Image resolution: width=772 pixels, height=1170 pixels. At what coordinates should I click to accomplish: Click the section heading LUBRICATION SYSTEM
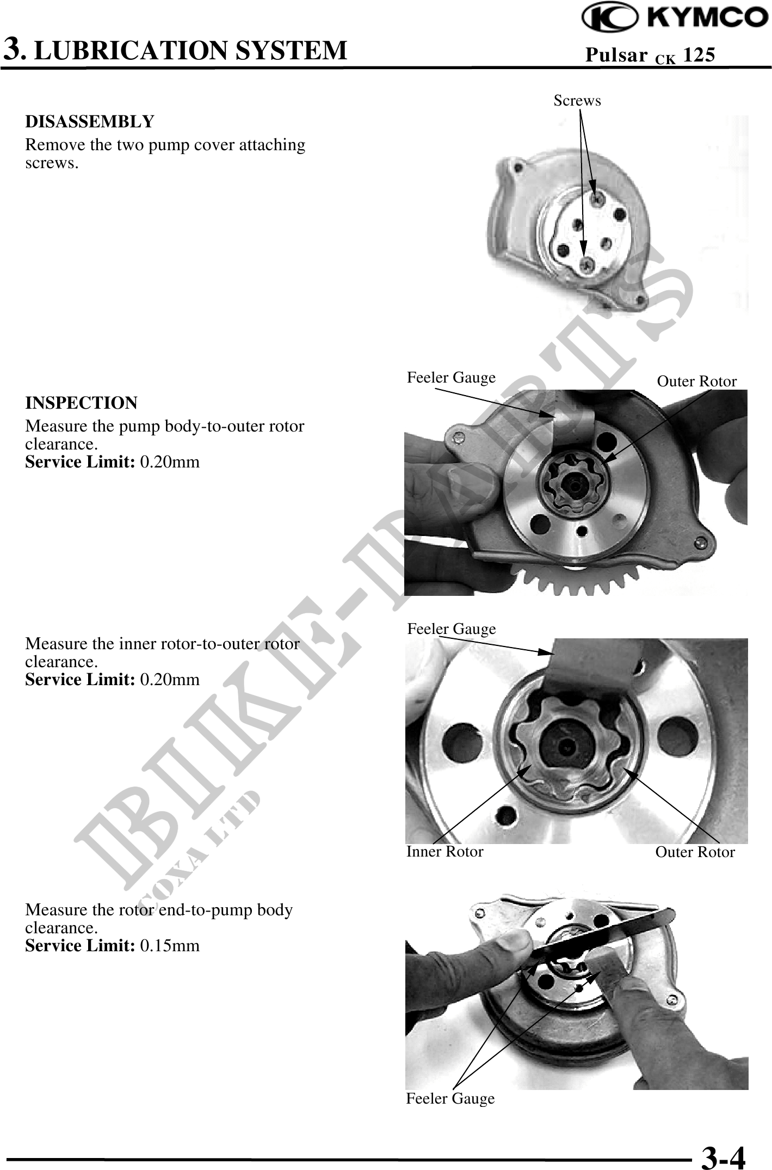194,50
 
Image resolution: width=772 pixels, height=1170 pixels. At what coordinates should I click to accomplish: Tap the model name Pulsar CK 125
650,55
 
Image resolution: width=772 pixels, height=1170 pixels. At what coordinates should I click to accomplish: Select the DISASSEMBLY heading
90,121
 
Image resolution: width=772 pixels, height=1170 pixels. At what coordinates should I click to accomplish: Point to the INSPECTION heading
82,403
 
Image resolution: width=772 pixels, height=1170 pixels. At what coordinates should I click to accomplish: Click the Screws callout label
577,101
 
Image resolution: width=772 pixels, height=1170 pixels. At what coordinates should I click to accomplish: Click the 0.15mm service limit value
170,945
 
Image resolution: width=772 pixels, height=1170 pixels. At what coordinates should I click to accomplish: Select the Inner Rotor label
444,852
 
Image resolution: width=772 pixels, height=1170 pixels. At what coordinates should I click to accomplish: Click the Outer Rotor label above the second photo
697,381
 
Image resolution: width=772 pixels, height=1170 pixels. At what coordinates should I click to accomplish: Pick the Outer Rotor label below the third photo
695,852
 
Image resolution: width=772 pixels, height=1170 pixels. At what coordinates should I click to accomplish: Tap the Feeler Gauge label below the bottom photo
450,1099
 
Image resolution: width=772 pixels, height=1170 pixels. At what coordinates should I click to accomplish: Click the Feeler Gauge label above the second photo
452,378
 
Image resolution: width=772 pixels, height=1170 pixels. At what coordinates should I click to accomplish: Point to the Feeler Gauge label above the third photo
452,629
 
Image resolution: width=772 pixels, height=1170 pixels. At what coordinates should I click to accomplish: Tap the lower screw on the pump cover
586,265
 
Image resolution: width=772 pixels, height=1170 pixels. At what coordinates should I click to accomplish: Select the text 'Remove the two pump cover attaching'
165,146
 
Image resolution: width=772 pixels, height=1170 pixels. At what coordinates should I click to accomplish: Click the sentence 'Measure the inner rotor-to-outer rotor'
162,644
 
